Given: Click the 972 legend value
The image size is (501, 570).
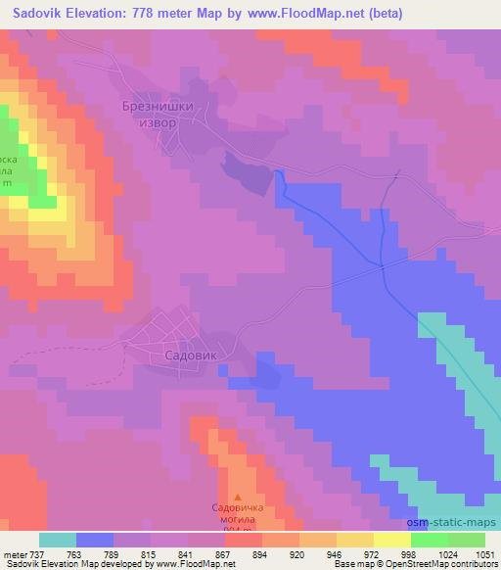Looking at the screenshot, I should [372, 553].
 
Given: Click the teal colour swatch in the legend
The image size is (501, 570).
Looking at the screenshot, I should [58, 540].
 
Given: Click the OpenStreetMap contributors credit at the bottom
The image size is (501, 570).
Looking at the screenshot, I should [445, 565].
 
